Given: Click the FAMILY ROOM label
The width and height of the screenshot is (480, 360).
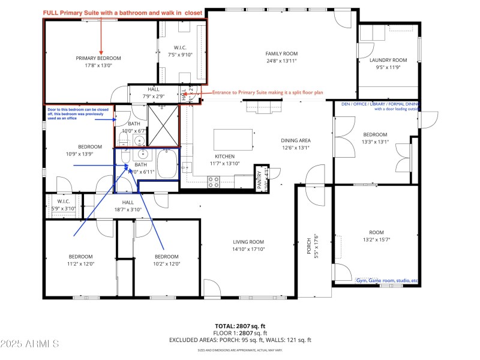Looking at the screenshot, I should tap(281, 53).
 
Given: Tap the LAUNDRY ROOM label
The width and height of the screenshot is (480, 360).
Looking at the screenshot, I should tap(388, 60).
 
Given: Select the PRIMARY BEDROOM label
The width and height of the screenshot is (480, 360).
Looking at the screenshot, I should tap(98, 58).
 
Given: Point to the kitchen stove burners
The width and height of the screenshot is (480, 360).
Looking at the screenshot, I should tap(214, 181).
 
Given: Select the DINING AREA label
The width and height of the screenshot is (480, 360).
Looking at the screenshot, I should tap(295, 141).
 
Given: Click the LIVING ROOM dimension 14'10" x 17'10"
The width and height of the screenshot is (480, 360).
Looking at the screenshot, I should tap(248, 249).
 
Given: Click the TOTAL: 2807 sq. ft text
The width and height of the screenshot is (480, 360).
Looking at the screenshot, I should tap(240, 326).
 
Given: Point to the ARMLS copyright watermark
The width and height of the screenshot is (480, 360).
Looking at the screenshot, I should tap(30, 344).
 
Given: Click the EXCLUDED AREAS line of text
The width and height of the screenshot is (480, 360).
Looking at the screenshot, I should tap(240, 340).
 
